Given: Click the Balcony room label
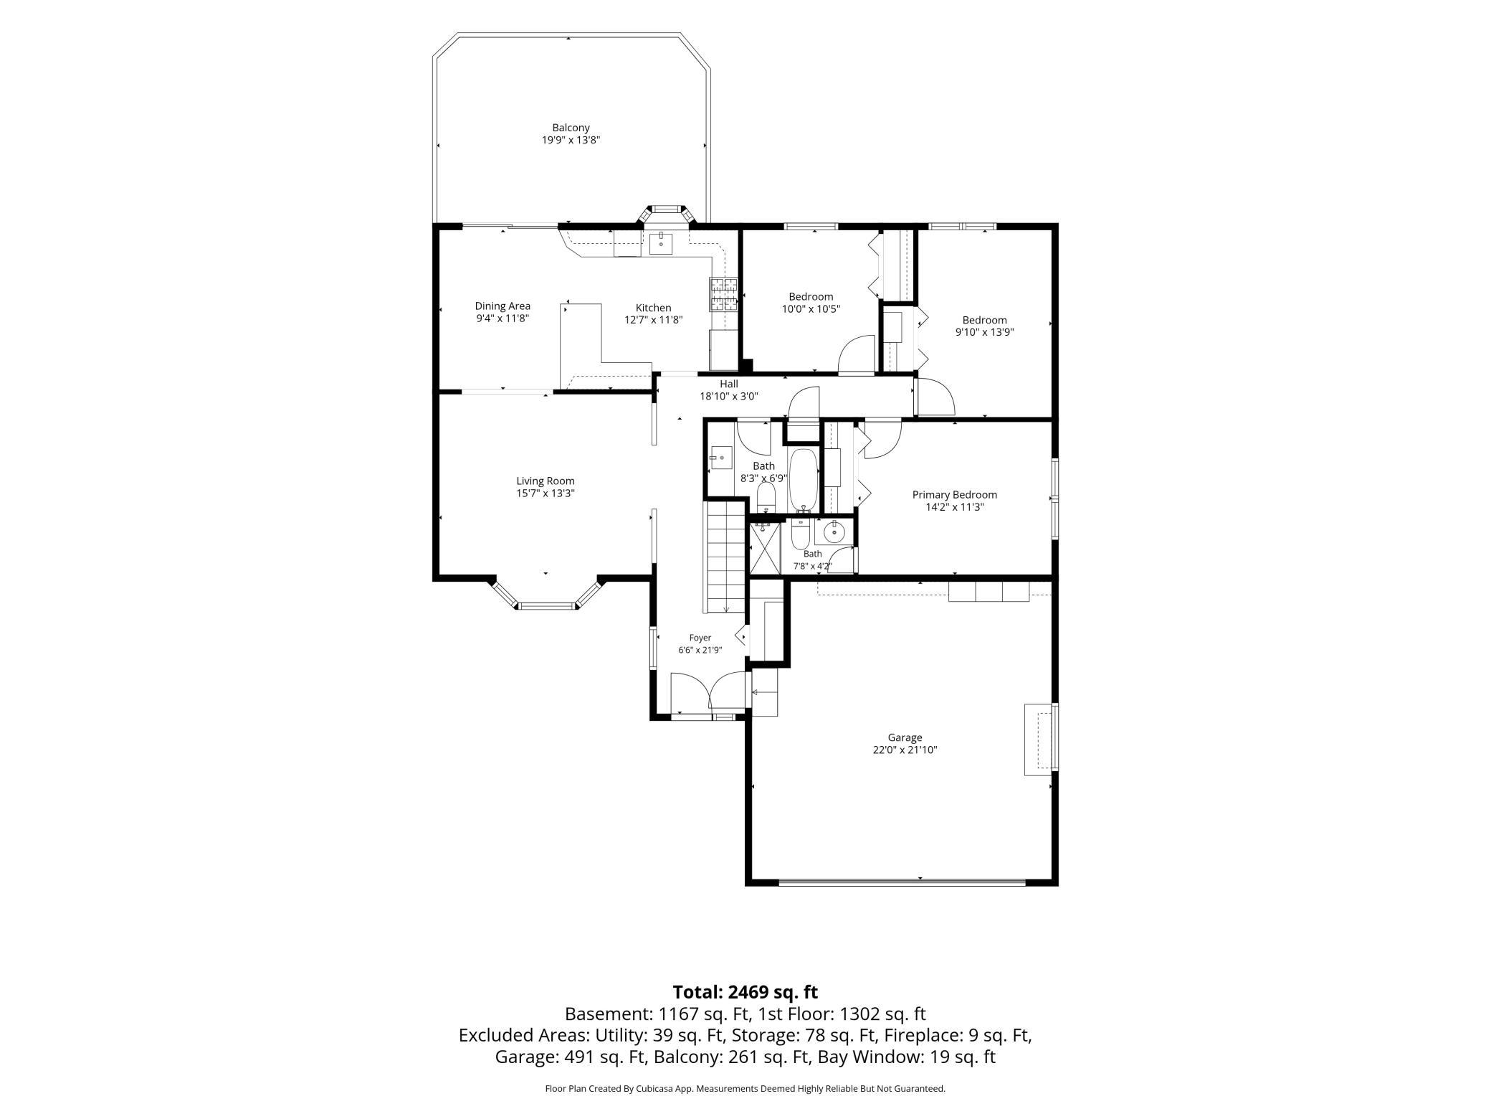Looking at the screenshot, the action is tap(571, 128).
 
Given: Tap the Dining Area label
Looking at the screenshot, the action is tap(502, 306).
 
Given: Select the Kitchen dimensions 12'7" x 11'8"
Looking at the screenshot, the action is tap(653, 320).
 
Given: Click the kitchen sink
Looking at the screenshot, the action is tap(661, 243).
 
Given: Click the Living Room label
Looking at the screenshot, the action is tap(546, 481).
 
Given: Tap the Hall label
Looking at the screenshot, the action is tap(729, 384).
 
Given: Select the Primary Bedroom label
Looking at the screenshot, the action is tap(954, 495).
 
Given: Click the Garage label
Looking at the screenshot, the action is tap(905, 737).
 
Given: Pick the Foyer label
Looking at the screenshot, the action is tap(700, 638).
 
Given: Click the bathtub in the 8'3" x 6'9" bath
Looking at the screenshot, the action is tap(803, 480).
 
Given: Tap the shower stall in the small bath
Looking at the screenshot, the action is tap(764, 549).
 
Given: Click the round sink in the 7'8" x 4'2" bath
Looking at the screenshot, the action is tap(834, 532).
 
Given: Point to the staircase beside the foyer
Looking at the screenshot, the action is tap(725, 557).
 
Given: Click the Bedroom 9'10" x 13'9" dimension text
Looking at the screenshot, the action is tap(984, 332).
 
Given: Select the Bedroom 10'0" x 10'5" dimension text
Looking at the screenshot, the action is tap(811, 309).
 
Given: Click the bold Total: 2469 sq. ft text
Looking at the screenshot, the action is tap(745, 993).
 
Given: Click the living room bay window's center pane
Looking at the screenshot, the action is tap(547, 606).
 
